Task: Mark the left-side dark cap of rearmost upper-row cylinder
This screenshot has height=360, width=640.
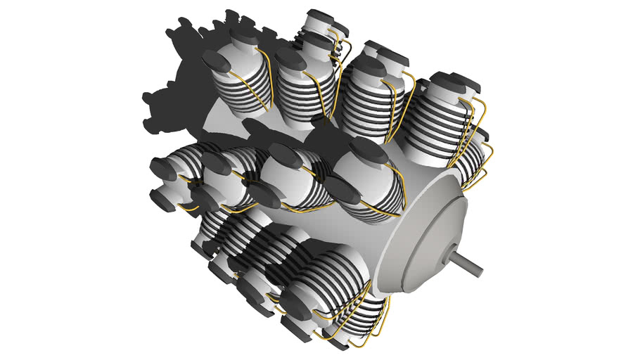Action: coord(215,63)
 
